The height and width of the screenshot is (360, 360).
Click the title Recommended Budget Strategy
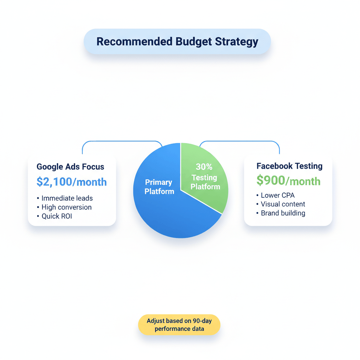(177, 41)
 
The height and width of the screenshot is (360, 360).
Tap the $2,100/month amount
(72, 182)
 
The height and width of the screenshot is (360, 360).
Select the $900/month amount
(288, 181)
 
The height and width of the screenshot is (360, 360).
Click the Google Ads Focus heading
(70, 167)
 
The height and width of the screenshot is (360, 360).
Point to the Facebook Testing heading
(289, 166)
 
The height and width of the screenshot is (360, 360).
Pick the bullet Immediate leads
(67, 198)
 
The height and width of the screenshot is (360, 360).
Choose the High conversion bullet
(66, 207)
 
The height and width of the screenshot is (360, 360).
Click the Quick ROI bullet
(57, 216)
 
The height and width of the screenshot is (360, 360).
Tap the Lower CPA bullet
(277, 195)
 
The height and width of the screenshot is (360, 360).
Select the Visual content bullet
(283, 204)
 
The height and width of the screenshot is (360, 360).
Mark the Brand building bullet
(283, 213)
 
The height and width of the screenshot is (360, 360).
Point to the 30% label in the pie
(204, 167)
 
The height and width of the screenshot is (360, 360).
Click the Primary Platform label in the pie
(159, 187)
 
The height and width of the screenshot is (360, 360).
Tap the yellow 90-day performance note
(179, 325)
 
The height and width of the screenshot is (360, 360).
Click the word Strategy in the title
(237, 41)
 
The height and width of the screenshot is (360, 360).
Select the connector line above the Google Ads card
(121, 142)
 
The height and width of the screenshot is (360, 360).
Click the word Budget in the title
(194, 41)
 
